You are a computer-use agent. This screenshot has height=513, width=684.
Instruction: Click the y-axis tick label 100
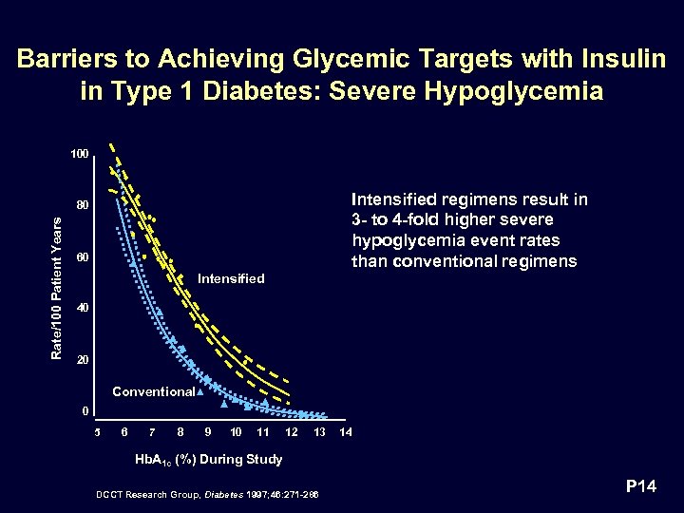pyautogui.click(x=79, y=154)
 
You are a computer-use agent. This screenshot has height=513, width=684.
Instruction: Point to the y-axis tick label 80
pyautogui.click(x=82, y=205)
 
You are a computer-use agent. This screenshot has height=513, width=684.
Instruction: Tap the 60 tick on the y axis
pyautogui.click(x=82, y=257)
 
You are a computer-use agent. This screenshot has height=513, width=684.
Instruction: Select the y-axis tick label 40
pyautogui.click(x=82, y=309)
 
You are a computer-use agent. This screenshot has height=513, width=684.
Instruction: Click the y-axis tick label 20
pyautogui.click(x=82, y=361)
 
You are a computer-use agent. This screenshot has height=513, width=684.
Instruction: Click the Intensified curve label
pyautogui.click(x=230, y=278)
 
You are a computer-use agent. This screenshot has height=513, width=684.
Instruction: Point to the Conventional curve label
pyautogui.click(x=153, y=391)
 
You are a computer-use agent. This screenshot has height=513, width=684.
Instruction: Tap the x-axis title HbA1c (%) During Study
pyautogui.click(x=210, y=460)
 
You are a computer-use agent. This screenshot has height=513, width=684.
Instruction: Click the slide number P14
pyautogui.click(x=641, y=487)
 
